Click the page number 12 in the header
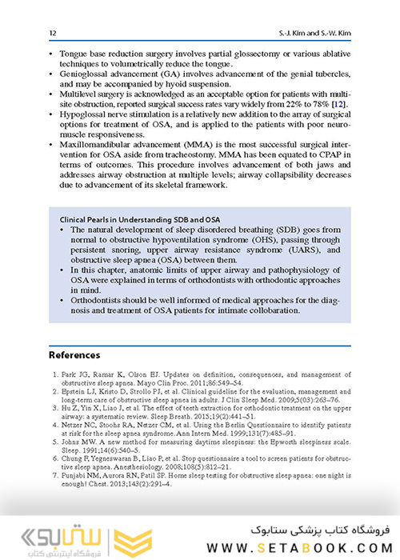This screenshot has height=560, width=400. coord(53,33)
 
